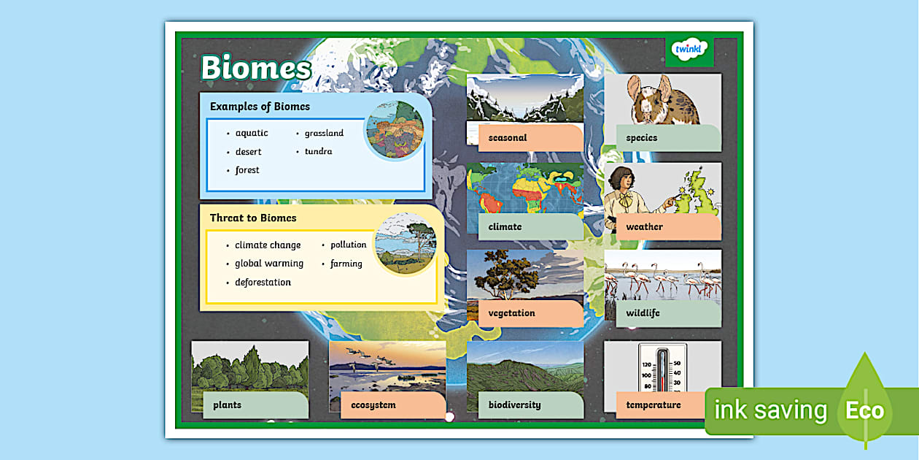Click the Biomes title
point(256,68)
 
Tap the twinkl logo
point(689,50)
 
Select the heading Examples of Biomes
point(260,107)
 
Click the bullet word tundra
point(318,152)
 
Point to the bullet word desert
point(248,152)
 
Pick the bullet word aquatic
point(252,133)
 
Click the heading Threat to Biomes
point(253,218)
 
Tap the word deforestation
point(263,283)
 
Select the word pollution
point(348,245)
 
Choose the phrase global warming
point(269,264)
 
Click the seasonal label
point(508,138)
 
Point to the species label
point(641,138)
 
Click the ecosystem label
point(373,405)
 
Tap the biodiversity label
point(514,405)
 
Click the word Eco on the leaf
point(864,410)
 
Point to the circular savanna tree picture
point(405,244)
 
